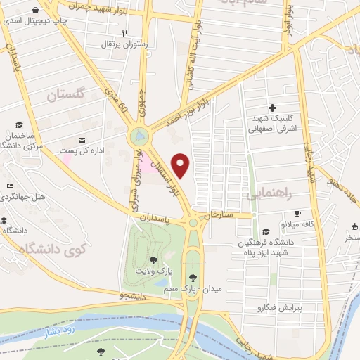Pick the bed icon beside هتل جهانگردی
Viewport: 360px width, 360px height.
[x=9, y=186]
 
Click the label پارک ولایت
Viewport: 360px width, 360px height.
[x=153, y=271]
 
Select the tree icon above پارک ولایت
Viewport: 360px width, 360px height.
[x=153, y=260]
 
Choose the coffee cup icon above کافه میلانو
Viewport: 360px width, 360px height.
[x=298, y=213]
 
